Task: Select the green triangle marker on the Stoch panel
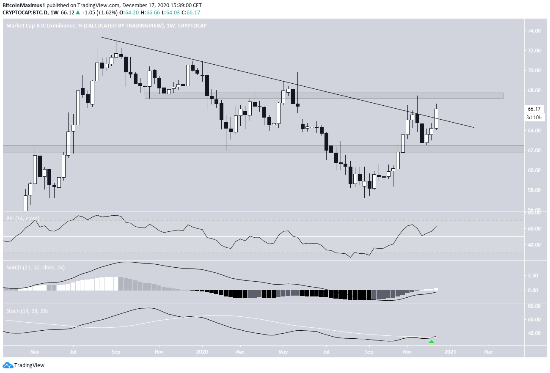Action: [x=431, y=341]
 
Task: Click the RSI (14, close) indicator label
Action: [x=22, y=219]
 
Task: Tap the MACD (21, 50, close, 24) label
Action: [x=36, y=268]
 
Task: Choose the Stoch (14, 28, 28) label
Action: [x=25, y=311]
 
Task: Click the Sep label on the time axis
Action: [x=117, y=351]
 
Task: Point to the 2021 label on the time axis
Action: [x=450, y=351]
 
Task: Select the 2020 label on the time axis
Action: [x=202, y=351]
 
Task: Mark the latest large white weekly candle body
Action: [x=436, y=118]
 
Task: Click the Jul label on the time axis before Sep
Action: [x=73, y=351]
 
